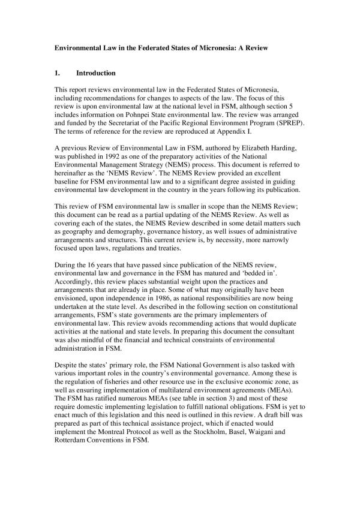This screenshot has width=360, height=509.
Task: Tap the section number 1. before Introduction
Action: (x=58, y=73)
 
